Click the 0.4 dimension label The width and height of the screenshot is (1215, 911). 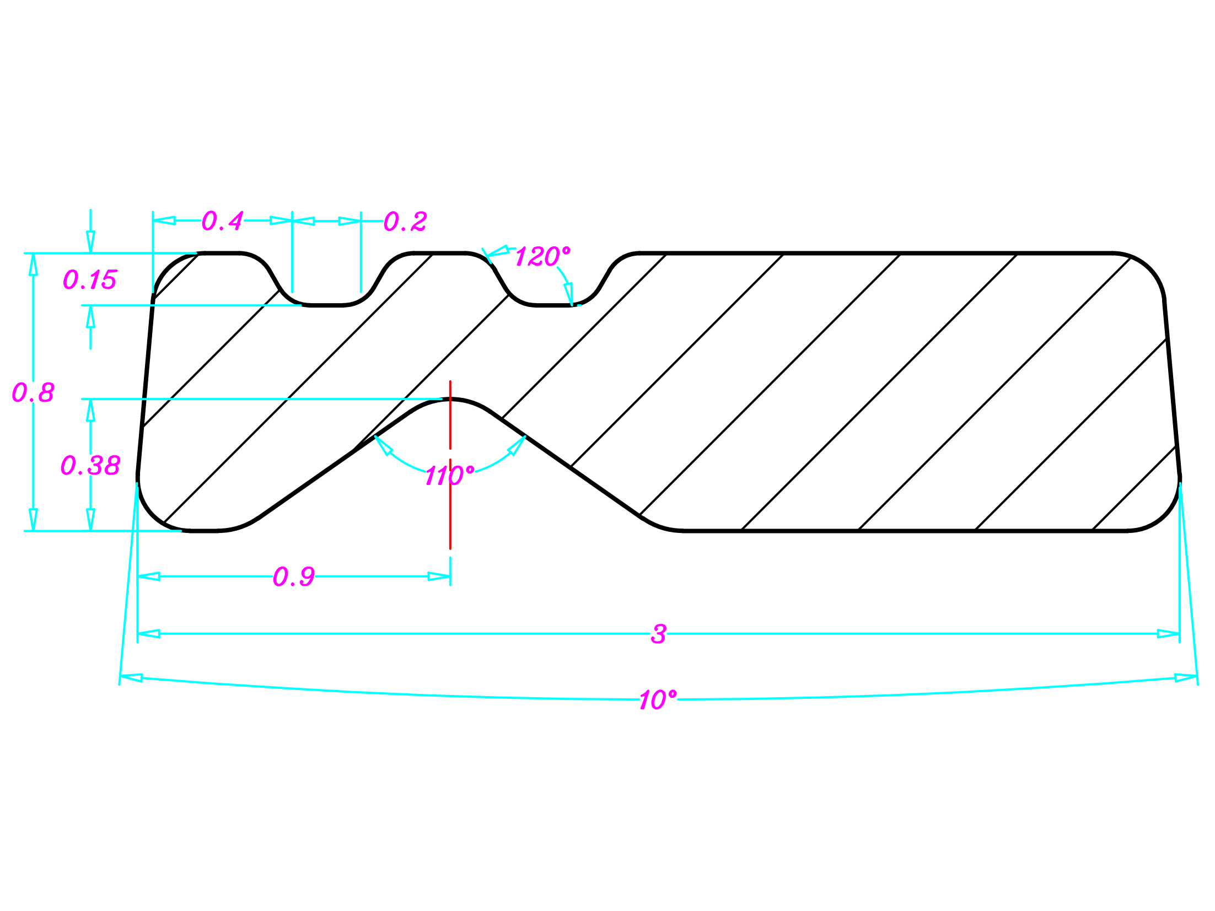click(x=222, y=221)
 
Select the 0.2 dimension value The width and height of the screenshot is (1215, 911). click(x=405, y=222)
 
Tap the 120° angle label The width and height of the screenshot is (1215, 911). click(x=542, y=257)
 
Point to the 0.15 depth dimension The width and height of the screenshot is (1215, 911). click(x=89, y=280)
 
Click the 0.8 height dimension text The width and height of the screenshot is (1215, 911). click(x=33, y=393)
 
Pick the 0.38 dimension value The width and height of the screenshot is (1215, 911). click(x=90, y=466)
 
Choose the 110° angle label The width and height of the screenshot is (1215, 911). click(x=449, y=476)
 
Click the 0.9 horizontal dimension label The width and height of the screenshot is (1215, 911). click(x=294, y=577)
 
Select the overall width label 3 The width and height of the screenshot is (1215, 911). click(x=658, y=634)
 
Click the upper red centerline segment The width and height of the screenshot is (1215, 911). click(x=450, y=414)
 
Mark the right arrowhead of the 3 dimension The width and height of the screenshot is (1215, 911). click(x=1168, y=634)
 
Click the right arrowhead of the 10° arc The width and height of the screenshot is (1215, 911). click(x=1185, y=678)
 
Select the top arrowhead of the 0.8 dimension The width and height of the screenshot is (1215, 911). click(x=33, y=264)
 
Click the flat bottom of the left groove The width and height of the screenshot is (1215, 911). click(x=326, y=305)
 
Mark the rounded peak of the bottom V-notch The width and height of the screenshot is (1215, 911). click(x=450, y=400)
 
